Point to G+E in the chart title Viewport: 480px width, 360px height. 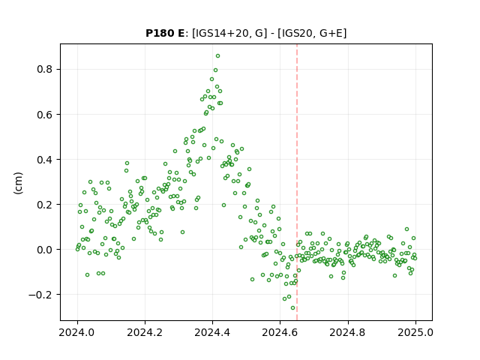click(331, 33)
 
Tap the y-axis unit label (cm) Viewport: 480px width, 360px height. click(18, 183)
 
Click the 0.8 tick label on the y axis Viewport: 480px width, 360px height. click(45, 70)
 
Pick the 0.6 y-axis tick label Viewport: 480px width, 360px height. click(45, 115)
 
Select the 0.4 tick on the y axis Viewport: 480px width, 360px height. click(45, 160)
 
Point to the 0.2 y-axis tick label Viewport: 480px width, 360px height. click(45, 205)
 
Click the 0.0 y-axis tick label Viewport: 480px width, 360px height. click(45, 250)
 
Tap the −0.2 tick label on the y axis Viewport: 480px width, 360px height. click(40, 295)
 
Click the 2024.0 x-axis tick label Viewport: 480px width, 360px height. click(77, 332)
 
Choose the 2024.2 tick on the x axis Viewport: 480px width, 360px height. click(145, 332)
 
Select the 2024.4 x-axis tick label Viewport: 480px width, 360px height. click(212, 332)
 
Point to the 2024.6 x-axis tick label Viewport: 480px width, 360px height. click(280, 332)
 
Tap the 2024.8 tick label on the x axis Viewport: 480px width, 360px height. click(348, 332)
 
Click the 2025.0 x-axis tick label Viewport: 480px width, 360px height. click(415, 332)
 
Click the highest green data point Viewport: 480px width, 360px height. click(217, 56)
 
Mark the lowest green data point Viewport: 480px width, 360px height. click(292, 308)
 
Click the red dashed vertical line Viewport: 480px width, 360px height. click(297, 182)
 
